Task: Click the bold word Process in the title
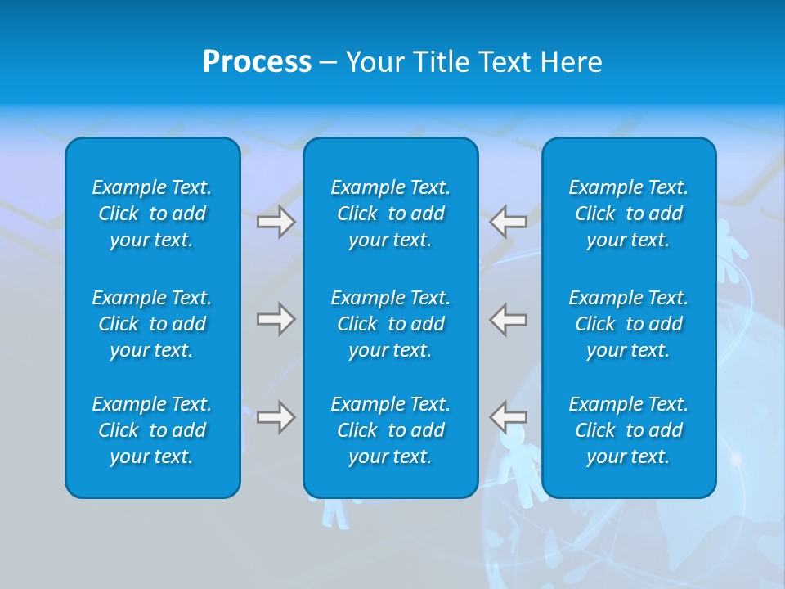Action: coord(257,62)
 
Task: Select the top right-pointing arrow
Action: coord(276,221)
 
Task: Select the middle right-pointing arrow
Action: coord(276,319)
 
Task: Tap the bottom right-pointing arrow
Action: coord(276,417)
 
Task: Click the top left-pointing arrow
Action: coord(508,221)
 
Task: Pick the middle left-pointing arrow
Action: coord(508,319)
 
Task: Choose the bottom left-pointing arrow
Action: coord(508,417)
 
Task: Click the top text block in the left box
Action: coord(152,214)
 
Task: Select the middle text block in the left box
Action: coord(152,324)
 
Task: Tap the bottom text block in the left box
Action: coord(152,430)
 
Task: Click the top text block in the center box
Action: coord(390,214)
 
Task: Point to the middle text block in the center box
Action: coord(390,324)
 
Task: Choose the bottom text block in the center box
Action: coord(390,430)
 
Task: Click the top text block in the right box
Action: coord(628,214)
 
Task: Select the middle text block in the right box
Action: coord(628,324)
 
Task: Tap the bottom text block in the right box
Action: coord(628,430)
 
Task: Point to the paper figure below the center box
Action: coord(334,512)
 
